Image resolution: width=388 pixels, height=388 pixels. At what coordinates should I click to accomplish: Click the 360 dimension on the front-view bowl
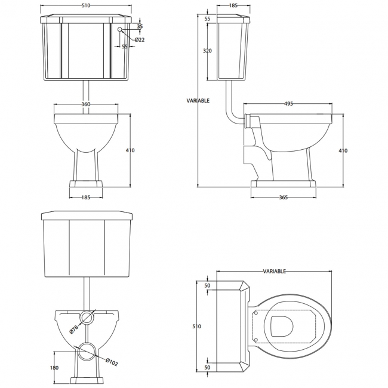[x=85, y=104]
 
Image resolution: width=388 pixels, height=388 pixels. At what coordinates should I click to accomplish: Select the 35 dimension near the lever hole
[x=140, y=27]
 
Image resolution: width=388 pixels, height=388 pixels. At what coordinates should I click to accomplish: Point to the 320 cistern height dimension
[x=207, y=51]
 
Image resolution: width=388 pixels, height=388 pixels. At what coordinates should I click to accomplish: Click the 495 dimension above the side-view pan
[x=288, y=103]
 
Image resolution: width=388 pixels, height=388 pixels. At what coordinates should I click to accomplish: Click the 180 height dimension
[x=54, y=368]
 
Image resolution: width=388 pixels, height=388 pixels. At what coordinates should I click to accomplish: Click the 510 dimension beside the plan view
[x=198, y=327]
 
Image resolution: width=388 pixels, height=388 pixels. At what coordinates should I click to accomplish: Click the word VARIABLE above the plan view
[x=275, y=271]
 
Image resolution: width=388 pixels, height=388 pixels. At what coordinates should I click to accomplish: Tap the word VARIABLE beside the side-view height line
[x=198, y=101]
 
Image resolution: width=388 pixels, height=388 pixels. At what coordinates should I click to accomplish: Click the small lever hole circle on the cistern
[x=121, y=29]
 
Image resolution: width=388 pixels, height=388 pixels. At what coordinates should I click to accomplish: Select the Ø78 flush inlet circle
[x=88, y=316]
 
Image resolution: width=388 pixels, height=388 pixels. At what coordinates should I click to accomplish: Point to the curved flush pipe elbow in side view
[x=230, y=113]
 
